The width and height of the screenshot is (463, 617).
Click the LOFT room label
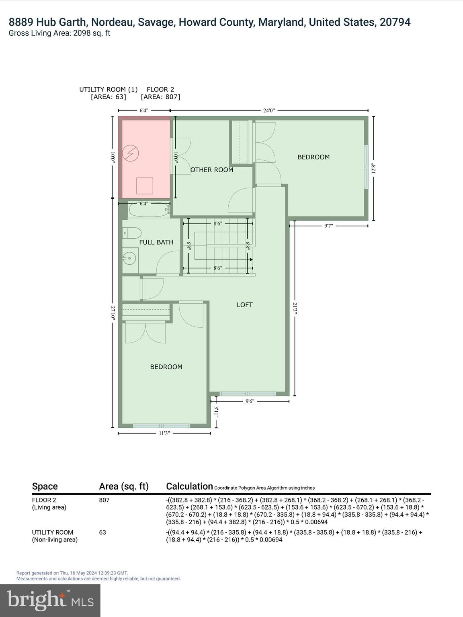(x=244, y=305)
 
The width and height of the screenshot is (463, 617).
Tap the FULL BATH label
(x=156, y=242)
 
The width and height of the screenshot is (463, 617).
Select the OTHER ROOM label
(x=212, y=170)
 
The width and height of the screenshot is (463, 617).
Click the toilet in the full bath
(x=132, y=233)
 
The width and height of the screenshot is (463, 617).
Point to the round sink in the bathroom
(x=129, y=258)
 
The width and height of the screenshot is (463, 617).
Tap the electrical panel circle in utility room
(x=131, y=153)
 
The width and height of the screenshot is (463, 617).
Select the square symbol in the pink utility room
(x=145, y=186)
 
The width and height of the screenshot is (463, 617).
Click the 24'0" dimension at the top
(x=269, y=111)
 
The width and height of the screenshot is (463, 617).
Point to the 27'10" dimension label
(x=113, y=313)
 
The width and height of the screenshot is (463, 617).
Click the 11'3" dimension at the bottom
(x=164, y=433)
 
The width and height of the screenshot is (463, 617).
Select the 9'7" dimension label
(x=328, y=226)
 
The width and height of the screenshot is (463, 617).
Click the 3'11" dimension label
(x=216, y=412)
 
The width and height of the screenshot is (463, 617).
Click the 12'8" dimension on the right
(x=374, y=168)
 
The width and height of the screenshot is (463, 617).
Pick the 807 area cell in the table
(x=104, y=500)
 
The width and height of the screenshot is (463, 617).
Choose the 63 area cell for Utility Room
(x=102, y=532)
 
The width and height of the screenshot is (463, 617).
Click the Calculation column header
(x=189, y=486)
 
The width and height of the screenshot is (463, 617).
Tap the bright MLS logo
(x=50, y=601)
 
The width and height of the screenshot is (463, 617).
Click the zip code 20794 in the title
(x=395, y=22)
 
